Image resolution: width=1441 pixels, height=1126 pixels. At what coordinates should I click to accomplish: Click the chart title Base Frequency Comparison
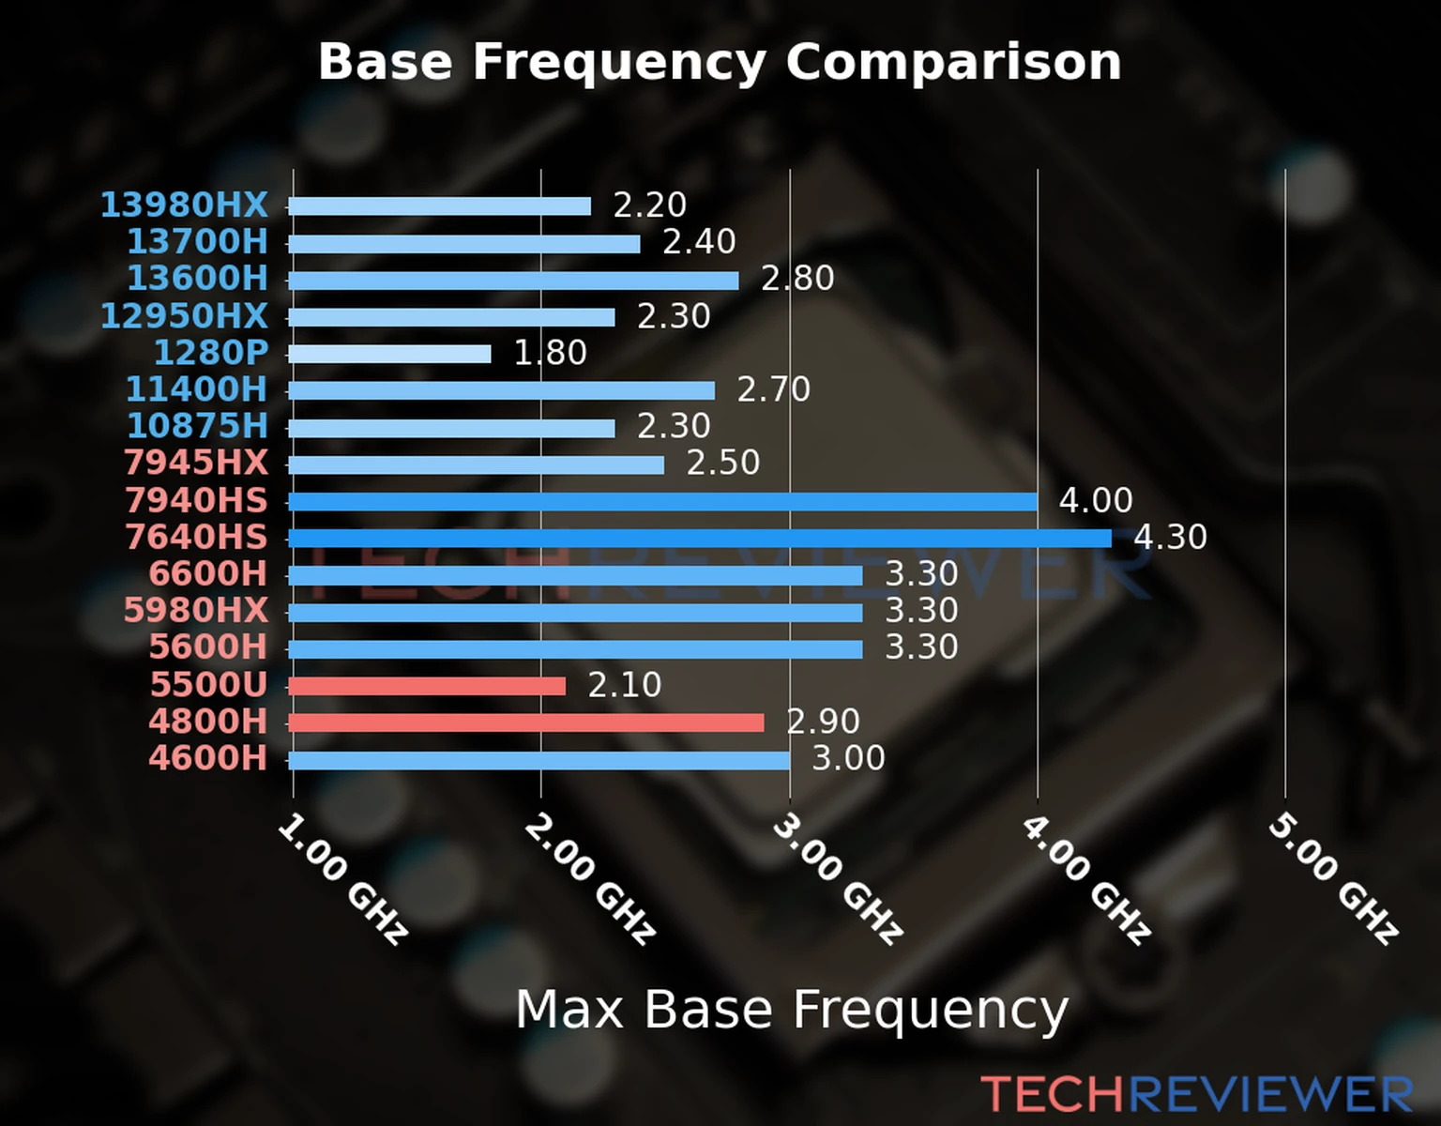pyautogui.click(x=720, y=62)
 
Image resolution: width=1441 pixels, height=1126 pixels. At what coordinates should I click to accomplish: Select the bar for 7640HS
pyautogui.click(x=699, y=539)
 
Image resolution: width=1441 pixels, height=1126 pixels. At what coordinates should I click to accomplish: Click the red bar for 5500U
pyautogui.click(x=427, y=686)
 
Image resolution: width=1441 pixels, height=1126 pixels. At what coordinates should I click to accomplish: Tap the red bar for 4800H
pyautogui.click(x=525, y=723)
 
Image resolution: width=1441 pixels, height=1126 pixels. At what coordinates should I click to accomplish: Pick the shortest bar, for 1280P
pyautogui.click(x=389, y=354)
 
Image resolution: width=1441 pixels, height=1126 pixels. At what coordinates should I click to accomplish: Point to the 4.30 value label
pyautogui.click(x=1170, y=538)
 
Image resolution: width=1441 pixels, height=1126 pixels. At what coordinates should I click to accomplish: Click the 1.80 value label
pyautogui.click(x=550, y=353)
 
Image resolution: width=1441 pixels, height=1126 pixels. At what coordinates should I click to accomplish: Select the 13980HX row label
pyautogui.click(x=185, y=205)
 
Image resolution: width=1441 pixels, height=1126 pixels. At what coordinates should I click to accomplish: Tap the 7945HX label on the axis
pyautogui.click(x=196, y=463)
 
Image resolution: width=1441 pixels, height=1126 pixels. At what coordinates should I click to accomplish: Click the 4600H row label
pyautogui.click(x=208, y=758)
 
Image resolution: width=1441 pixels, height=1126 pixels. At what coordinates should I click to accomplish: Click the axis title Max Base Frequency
pyautogui.click(x=792, y=1010)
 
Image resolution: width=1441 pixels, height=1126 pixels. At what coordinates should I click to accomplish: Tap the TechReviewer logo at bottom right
pyautogui.click(x=1196, y=1094)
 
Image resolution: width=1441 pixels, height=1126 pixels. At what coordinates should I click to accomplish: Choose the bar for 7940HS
pyautogui.click(x=662, y=502)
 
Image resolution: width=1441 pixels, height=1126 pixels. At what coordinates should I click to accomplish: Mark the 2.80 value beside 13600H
pyautogui.click(x=797, y=279)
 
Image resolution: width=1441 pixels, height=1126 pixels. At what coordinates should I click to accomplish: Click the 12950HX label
pyautogui.click(x=185, y=316)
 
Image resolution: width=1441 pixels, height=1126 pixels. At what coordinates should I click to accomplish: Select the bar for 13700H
pyautogui.click(x=464, y=244)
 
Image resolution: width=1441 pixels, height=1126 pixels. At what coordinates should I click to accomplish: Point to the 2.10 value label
pyautogui.click(x=625, y=685)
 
